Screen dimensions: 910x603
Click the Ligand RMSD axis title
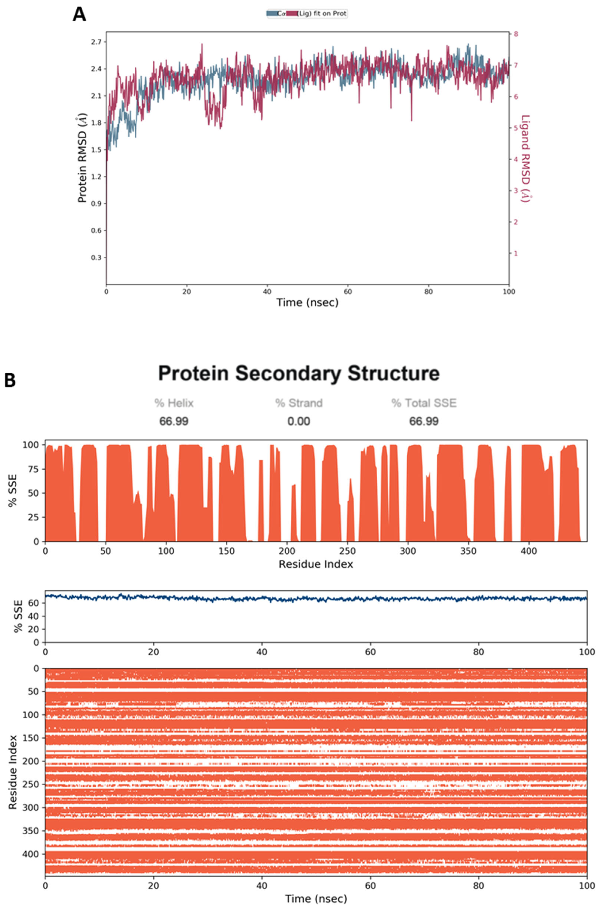pos(525,159)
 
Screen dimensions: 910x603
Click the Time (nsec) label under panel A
pos(307,303)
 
